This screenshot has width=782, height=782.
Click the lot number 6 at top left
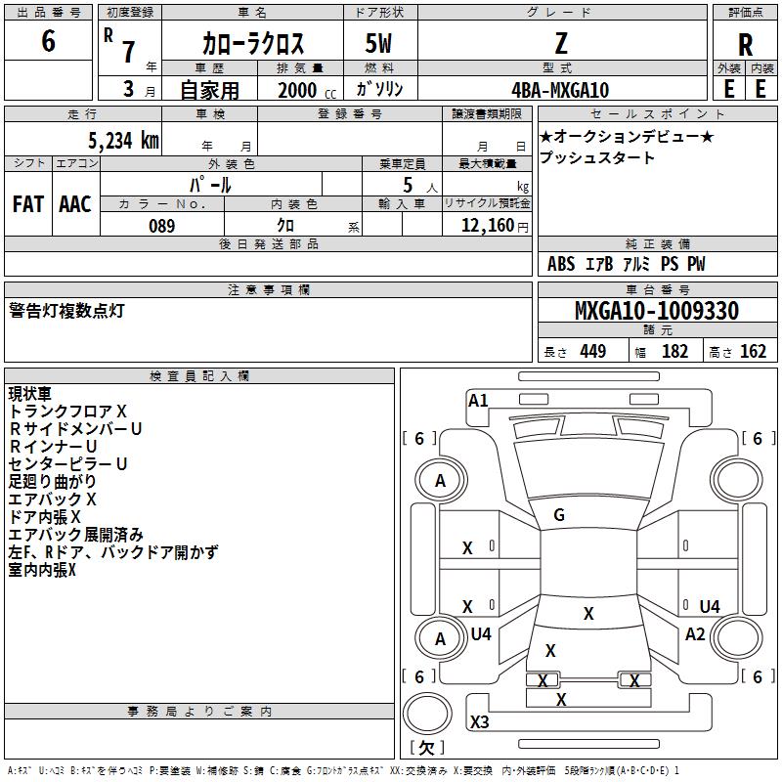48,40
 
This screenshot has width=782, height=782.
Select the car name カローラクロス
253,44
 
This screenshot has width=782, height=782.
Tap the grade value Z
561,43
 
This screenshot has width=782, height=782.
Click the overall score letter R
745,45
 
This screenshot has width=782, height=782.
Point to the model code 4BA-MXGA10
560,90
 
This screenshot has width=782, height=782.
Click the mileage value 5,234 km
123,141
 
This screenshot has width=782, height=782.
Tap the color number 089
162,226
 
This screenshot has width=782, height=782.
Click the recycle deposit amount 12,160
487,226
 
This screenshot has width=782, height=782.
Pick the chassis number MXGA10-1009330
656,311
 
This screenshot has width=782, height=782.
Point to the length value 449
593,351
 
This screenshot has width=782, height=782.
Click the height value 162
753,351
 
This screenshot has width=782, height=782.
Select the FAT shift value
28,204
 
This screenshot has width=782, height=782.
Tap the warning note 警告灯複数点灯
66,311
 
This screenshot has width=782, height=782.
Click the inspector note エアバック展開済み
76,535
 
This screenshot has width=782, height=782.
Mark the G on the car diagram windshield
559,515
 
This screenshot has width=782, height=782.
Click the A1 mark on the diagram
478,401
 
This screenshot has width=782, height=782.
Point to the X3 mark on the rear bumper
479,721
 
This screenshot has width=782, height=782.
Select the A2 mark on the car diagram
695,634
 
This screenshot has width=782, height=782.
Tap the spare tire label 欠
426,748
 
